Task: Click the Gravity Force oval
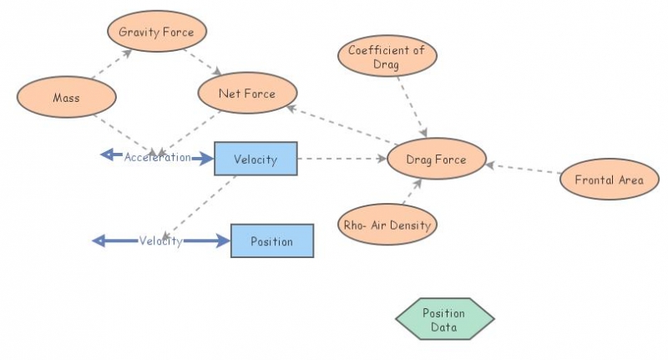tap(156, 33)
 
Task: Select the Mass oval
tap(66, 98)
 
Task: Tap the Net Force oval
tap(246, 94)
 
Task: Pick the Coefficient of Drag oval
tap(387, 56)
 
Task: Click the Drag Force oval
tap(436, 159)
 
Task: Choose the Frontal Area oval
tap(609, 180)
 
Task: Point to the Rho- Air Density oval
tap(387, 224)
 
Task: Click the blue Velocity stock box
tap(256, 159)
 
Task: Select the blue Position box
tap(271, 241)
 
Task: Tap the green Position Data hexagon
tap(444, 319)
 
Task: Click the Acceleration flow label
tap(157, 157)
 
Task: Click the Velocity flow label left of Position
tap(160, 241)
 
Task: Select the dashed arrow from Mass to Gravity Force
tap(112, 64)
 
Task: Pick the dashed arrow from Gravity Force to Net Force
tap(201, 60)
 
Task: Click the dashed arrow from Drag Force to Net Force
tap(338, 125)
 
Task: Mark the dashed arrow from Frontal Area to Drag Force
tap(524, 169)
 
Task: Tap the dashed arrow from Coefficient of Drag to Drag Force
tap(412, 106)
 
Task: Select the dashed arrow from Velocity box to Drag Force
tap(342, 158)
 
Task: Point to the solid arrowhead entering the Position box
tap(221, 241)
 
